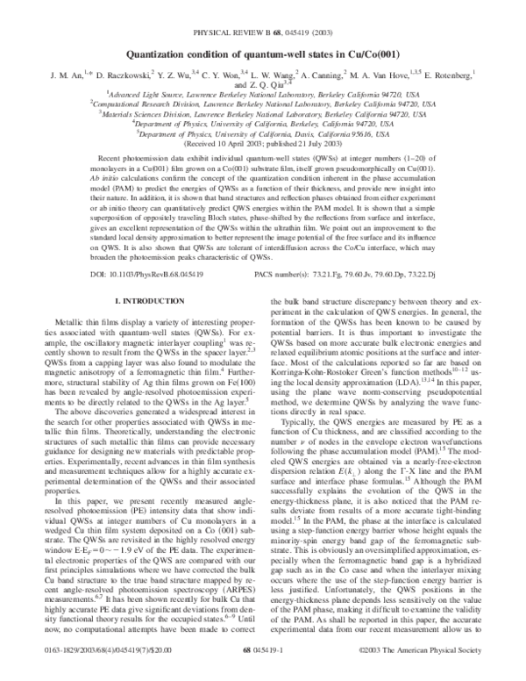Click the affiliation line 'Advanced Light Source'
pos(262,91)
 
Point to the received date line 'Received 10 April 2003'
pos(262,146)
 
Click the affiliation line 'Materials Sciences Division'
pos(262,113)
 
